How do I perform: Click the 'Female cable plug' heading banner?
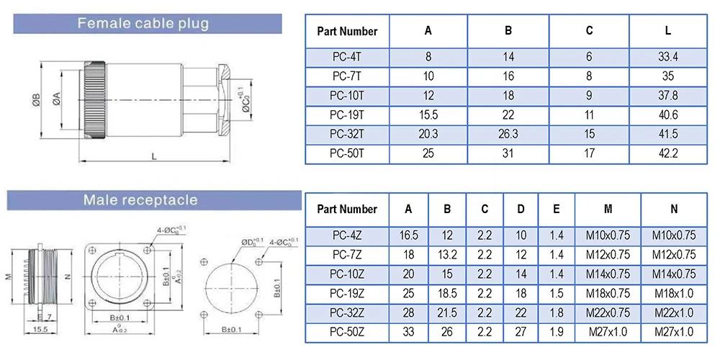143,24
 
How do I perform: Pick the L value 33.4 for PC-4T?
668,57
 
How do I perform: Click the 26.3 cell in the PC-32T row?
508,134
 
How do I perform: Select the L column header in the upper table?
668,31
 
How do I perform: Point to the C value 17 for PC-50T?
589,153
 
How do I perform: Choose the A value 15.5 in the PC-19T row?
428,114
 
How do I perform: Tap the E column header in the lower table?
557,210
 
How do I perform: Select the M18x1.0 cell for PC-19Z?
674,293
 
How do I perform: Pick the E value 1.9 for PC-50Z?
557,331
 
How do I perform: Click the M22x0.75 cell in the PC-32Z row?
608,312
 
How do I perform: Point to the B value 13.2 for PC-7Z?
447,255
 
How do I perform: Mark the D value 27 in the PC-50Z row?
521,331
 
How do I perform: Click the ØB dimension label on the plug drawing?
35,100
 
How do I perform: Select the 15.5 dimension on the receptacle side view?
40,329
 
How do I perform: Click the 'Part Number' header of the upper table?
347,31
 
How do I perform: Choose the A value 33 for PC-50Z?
408,331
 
